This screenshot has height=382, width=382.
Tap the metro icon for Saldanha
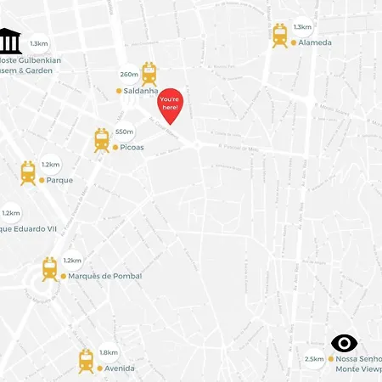pos(149,74)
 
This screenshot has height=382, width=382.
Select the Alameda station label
pos(314,42)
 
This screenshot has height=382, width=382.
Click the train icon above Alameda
pos(280,35)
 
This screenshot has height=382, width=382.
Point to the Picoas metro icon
pos(102,141)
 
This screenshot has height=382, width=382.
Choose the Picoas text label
pos(132,148)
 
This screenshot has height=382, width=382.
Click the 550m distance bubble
pos(125,132)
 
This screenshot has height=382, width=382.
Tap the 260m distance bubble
pos(129,75)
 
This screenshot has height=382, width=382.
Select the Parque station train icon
pos(29,173)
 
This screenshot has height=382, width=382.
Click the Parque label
pos(59,180)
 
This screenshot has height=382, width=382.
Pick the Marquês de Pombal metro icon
pos(50,270)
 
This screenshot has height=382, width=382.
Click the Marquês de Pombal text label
pos(104,276)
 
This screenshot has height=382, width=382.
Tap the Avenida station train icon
pos(86,362)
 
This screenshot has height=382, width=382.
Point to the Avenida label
pos(119,368)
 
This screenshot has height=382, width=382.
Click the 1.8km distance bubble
pos(109,352)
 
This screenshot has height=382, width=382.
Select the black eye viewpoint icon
pos(344,343)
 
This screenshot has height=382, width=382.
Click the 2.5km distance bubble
pos(314,360)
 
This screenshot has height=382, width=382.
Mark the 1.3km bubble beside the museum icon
pos(39,42)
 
